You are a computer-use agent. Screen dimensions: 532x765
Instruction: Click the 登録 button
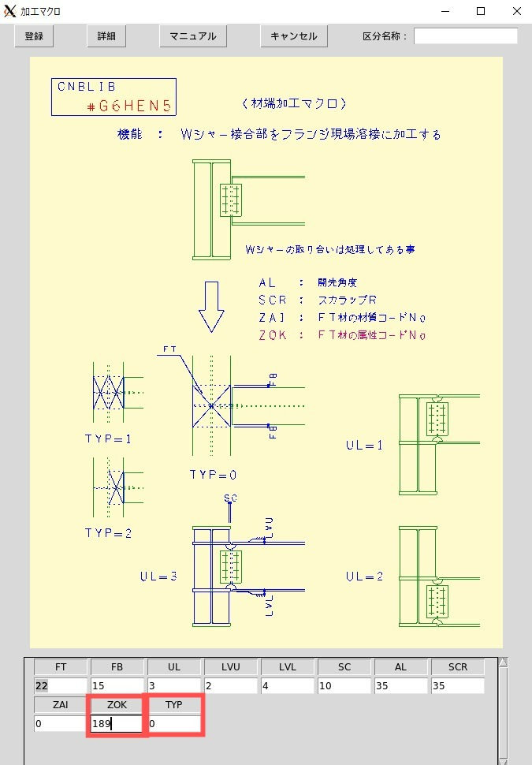(x=34, y=36)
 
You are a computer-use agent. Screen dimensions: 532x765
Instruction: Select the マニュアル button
(x=193, y=36)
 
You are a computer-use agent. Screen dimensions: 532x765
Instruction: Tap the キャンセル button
(x=293, y=36)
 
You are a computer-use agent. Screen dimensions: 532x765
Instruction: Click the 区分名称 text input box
(x=466, y=36)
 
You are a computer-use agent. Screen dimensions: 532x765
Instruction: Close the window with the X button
(x=517, y=11)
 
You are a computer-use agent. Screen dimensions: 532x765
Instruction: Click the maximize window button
(x=481, y=11)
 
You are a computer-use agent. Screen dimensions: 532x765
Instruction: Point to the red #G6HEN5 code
(x=129, y=106)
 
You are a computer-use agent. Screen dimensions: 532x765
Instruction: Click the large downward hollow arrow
(x=212, y=307)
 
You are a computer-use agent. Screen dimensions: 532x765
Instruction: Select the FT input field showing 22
(x=61, y=685)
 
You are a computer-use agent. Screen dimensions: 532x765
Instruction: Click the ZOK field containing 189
(x=117, y=723)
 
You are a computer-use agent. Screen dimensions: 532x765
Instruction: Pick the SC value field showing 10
(x=344, y=685)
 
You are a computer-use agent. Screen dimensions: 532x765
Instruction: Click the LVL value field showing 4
(x=287, y=685)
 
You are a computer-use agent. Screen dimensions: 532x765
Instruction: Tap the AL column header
(x=401, y=667)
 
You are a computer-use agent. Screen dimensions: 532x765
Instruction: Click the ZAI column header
(x=61, y=704)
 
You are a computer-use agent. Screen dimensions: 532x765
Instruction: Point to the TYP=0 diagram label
(x=213, y=475)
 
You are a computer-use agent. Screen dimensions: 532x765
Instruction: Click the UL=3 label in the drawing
(x=158, y=577)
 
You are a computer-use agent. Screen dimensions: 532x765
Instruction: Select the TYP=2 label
(x=108, y=533)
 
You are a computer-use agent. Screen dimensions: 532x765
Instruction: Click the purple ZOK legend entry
(x=342, y=335)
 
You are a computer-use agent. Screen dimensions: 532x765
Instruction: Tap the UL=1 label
(x=364, y=445)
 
